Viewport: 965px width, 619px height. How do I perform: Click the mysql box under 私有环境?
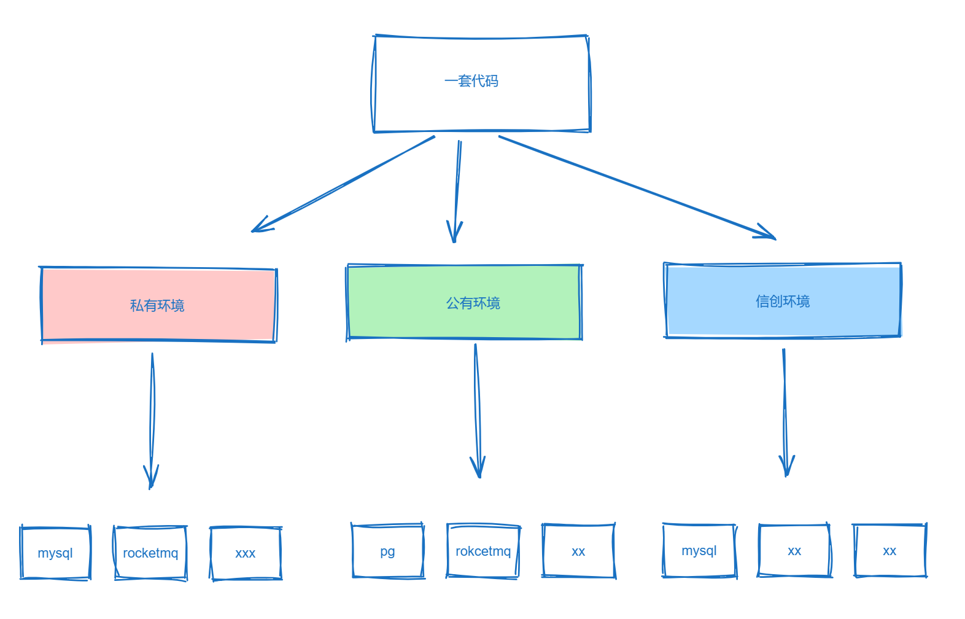pyautogui.click(x=55, y=553)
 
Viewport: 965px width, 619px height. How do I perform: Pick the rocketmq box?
pyautogui.click(x=150, y=553)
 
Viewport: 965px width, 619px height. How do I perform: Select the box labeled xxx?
pyautogui.click(x=246, y=553)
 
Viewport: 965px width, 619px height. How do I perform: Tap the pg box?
pyautogui.click(x=388, y=551)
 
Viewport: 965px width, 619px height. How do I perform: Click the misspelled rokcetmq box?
pyautogui.click(x=483, y=551)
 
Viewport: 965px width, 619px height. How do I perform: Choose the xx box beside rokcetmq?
pyautogui.click(x=578, y=551)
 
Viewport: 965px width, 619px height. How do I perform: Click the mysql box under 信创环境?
pyautogui.click(x=699, y=550)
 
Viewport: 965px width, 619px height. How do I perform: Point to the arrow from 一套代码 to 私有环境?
pyautogui.click(x=344, y=184)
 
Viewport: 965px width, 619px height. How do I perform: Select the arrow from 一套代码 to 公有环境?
pyautogui.click(x=457, y=190)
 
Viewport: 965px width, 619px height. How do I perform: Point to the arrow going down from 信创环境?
pyautogui.click(x=785, y=411)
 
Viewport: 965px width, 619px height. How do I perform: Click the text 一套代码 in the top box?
pyautogui.click(x=471, y=80)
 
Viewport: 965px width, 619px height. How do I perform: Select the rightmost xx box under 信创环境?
pyautogui.click(x=889, y=550)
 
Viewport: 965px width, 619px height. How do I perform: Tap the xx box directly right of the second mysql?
pyautogui.click(x=794, y=550)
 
